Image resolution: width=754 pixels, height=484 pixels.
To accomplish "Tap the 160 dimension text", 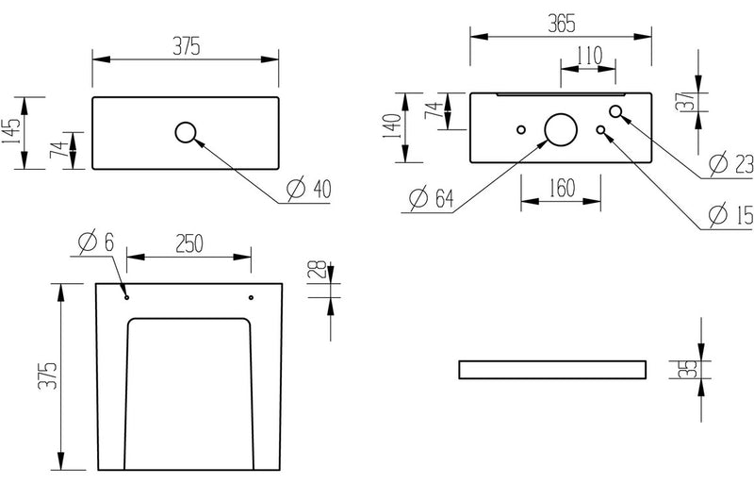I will point(561,187).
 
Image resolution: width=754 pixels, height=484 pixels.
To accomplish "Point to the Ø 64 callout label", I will point(432,198).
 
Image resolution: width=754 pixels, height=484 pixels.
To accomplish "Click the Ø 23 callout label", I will point(729,164).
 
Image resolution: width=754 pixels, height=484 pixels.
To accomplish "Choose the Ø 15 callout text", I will point(729,215).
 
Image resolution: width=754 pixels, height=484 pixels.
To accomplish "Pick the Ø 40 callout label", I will point(308,189).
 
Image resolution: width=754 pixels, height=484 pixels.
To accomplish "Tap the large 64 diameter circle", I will point(560,130).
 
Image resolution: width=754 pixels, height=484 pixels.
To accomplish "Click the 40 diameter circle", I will point(186,132).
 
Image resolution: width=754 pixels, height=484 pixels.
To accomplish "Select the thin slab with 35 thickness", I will point(553,369).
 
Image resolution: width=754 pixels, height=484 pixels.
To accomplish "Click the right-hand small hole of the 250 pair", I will point(251,297).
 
